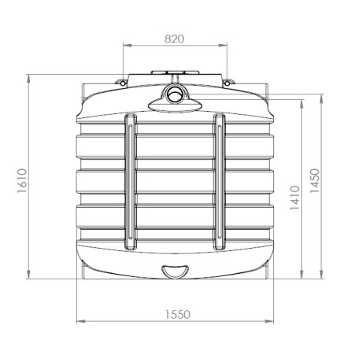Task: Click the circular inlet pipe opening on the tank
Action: click(175, 97)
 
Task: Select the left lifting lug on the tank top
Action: click(121, 82)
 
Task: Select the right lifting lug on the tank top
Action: click(227, 82)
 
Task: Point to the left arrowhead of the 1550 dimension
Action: click(78, 321)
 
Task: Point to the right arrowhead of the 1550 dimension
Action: click(271, 321)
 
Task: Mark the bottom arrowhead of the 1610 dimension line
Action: click(29, 277)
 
